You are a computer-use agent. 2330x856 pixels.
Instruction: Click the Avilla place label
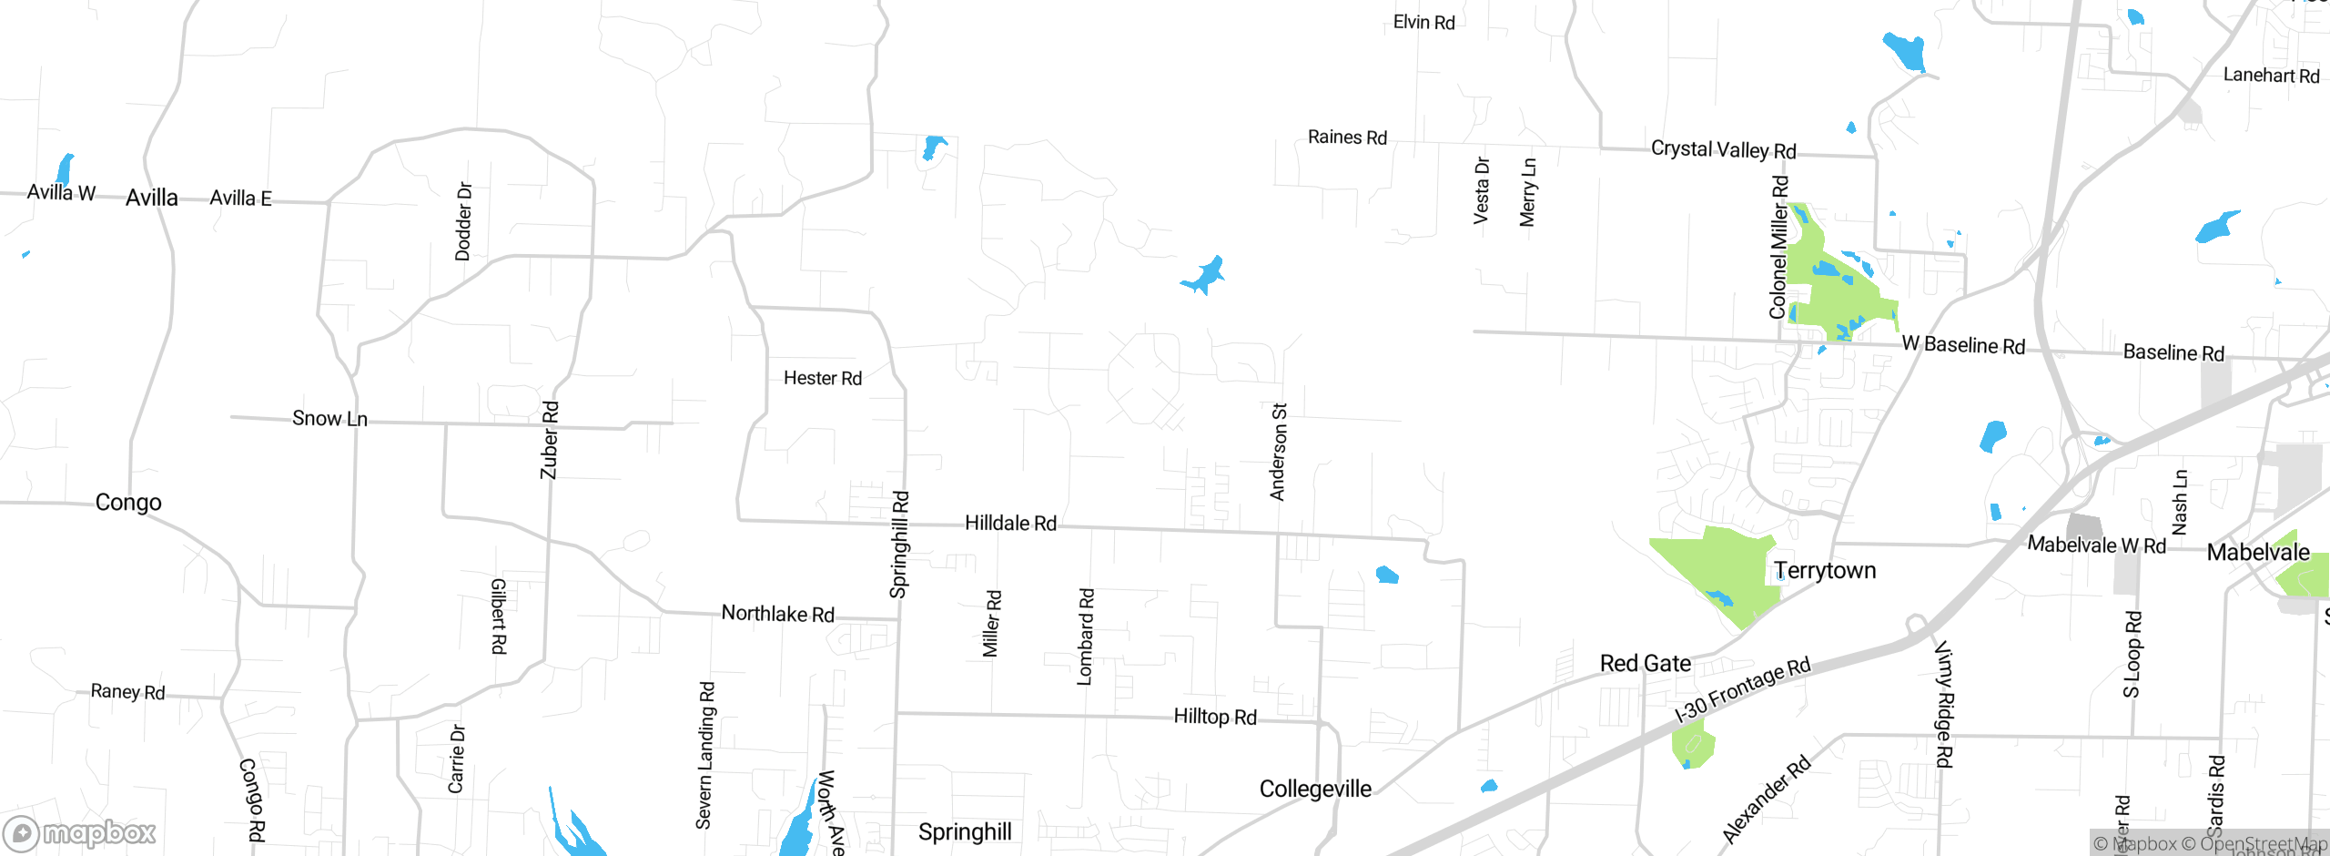coord(152,198)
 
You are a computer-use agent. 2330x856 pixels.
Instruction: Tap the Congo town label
coord(128,503)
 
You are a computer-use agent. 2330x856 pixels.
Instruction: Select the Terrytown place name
coord(1825,571)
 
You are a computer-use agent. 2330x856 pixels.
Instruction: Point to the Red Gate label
coord(1646,664)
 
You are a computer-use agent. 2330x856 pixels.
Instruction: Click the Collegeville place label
coord(1315,790)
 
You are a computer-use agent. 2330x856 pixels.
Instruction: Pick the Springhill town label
coord(965,832)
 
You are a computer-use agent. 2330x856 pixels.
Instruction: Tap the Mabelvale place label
coord(2258,553)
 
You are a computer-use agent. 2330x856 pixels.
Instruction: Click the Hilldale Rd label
coord(1010,524)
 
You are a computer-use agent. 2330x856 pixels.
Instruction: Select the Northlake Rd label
coord(778,614)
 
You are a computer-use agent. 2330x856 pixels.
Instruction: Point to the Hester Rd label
coord(823,379)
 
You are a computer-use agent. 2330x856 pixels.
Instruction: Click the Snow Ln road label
coord(329,419)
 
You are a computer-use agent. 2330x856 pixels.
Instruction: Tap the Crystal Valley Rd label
coord(1724,149)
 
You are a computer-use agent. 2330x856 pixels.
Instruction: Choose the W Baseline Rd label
coord(1963,345)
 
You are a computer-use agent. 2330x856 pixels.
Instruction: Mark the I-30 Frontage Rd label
coord(1743,689)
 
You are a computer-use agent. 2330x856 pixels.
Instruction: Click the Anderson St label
coord(1279,452)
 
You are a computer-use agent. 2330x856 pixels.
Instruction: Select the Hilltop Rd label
coord(1215,718)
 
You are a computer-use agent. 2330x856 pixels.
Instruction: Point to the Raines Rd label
coord(1347,138)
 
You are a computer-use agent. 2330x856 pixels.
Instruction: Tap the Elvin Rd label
coord(1424,23)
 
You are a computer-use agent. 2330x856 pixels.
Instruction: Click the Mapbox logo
coord(80,833)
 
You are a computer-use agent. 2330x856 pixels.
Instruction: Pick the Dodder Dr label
coord(463,221)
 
